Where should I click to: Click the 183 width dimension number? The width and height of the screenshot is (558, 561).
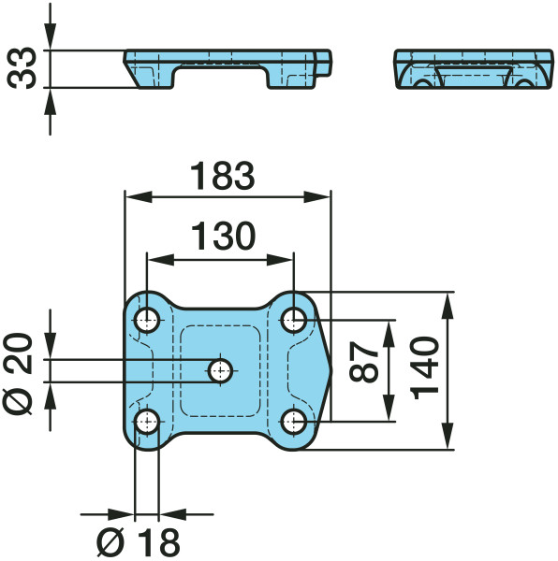[x=223, y=176]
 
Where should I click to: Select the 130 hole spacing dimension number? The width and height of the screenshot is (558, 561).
[x=223, y=236]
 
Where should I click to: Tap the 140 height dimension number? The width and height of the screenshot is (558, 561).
[x=425, y=368]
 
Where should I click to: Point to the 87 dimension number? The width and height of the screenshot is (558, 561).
[x=364, y=361]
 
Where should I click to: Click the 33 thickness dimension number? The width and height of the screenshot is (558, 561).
[x=22, y=68]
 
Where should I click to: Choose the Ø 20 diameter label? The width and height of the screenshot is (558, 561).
[x=18, y=374]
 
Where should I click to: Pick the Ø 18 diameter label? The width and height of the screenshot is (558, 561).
[x=139, y=542]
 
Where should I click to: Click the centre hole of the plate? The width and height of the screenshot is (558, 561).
[x=220, y=371]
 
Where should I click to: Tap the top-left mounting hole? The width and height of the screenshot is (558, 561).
[x=147, y=320]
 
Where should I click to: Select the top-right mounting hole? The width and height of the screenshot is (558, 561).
[x=294, y=320]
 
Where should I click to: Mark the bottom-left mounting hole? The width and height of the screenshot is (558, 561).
[x=147, y=422]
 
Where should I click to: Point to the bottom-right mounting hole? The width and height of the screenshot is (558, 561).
[x=294, y=422]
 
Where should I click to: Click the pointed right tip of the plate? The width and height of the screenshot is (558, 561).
[x=331, y=371]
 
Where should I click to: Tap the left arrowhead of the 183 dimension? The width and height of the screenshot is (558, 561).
[x=139, y=196]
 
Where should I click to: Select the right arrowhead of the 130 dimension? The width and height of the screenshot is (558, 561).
[x=280, y=260]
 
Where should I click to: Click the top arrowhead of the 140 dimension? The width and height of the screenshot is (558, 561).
[x=448, y=306]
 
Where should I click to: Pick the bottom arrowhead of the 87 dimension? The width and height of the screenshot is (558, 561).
[x=389, y=408]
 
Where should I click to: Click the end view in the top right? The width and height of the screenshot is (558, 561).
[x=474, y=68]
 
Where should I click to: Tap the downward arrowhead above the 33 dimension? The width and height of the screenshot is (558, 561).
[x=51, y=36]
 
